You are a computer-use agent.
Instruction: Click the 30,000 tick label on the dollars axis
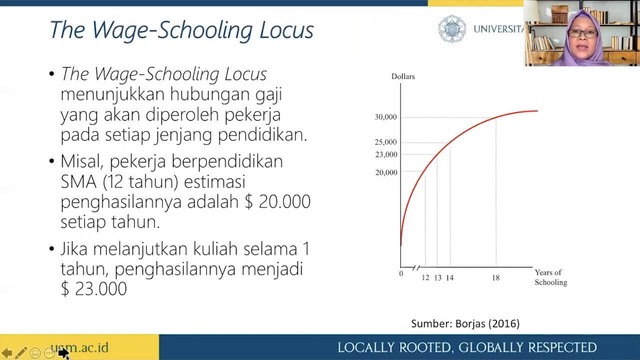[385, 117]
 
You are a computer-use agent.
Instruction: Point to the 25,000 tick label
[385, 142]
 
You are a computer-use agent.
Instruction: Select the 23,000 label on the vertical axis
[386, 154]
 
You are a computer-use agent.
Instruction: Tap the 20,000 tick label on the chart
[386, 172]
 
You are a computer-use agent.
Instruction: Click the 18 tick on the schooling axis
[495, 277]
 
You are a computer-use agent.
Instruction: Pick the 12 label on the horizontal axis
[425, 277]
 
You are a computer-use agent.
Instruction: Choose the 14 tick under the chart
[450, 277]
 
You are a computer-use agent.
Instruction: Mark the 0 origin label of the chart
[401, 273]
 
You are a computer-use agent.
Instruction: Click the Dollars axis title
[403, 76]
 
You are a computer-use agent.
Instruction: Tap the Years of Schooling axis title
[550, 277]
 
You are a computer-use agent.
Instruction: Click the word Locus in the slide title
[286, 30]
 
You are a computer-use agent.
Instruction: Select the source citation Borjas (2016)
[487, 324]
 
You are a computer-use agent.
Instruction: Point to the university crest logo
[452, 29]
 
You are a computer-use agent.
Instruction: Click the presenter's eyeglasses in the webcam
[582, 33]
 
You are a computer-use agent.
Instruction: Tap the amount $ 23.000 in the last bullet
[94, 289]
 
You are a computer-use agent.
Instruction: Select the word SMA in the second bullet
[78, 181]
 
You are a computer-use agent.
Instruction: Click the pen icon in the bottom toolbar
[21, 353]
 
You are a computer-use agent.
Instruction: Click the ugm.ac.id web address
[79, 347]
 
